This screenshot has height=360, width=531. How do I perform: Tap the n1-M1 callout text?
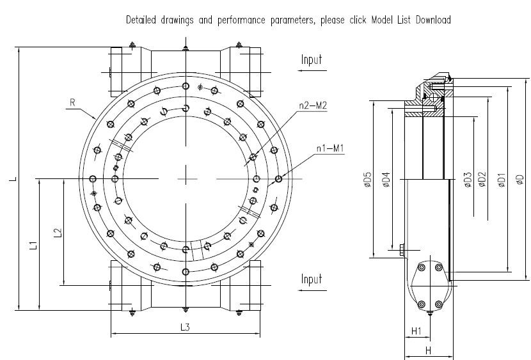pyautogui.click(x=331, y=149)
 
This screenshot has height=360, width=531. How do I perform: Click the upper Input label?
pyautogui.click(x=312, y=60)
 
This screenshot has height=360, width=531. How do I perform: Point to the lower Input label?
pyautogui.click(x=312, y=279)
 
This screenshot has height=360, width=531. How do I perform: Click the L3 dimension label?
pyautogui.click(x=185, y=327)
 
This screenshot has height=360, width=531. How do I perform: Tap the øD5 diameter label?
pyautogui.click(x=367, y=180)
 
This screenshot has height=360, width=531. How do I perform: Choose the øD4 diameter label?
pyautogui.click(x=385, y=180)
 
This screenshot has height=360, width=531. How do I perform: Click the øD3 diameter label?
pyautogui.click(x=468, y=181)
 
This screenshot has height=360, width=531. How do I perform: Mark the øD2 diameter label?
pyautogui.click(x=483, y=181)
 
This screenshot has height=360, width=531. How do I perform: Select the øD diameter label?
pyautogui.click(x=519, y=181)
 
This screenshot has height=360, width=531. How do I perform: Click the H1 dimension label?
pyautogui.click(x=415, y=331)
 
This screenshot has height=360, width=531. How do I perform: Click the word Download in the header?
pyautogui.click(x=434, y=20)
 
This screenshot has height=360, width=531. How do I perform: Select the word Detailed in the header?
pyautogui.click(x=143, y=20)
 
